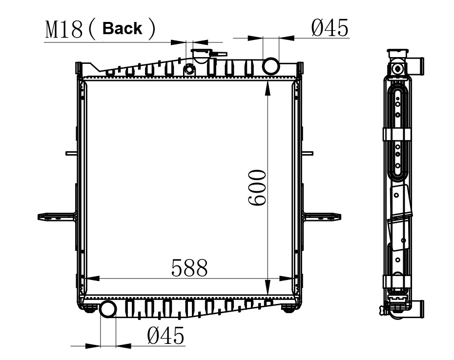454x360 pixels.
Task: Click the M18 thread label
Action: point(64,30)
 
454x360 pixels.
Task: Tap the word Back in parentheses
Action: point(122,29)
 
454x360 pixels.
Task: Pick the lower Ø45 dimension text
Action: point(165,336)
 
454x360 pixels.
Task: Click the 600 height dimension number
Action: point(257,187)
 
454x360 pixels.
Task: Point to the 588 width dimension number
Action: point(189,268)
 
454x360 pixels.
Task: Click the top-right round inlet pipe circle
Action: point(271,66)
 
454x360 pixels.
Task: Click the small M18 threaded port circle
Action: point(189,69)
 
